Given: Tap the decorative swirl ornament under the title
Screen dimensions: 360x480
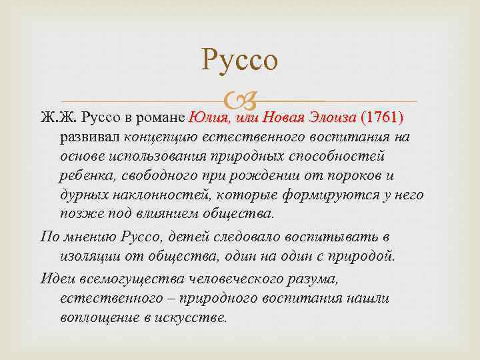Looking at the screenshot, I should [x=240, y=102].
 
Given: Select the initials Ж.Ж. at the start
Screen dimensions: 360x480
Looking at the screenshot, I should [x=58, y=119].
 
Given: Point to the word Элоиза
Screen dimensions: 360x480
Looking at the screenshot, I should [x=331, y=118].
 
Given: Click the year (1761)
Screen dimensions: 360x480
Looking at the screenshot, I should [x=381, y=118].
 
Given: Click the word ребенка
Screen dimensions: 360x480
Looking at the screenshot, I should [x=85, y=176].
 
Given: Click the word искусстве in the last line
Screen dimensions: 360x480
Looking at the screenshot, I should [x=197, y=317].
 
